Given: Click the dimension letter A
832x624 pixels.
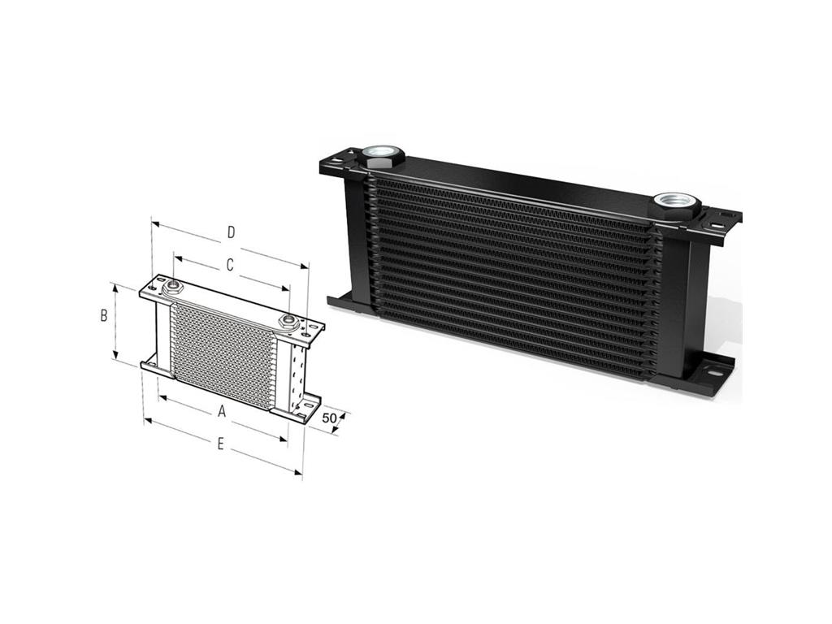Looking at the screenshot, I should (221, 412).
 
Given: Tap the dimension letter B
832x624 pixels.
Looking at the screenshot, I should (103, 315).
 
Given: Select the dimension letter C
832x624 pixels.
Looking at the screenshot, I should (230, 265).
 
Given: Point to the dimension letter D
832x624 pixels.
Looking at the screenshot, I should (231, 232).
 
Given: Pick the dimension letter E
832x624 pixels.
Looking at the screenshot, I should (220, 444).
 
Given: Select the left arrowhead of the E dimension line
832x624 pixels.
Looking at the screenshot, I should (147, 421).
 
